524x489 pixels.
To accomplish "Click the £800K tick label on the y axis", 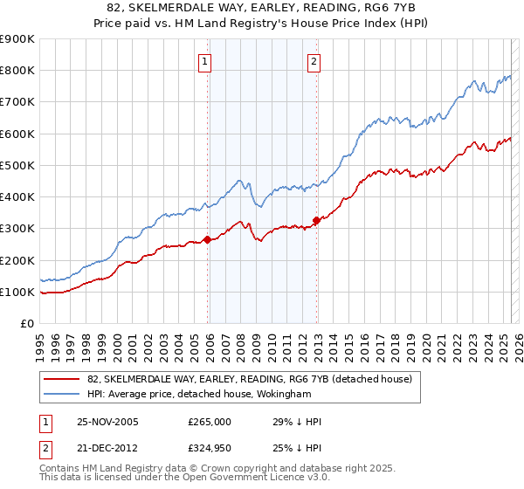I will [x=17, y=71].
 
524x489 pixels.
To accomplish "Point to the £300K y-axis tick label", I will [x=17, y=229].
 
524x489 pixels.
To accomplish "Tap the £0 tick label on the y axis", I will [x=26, y=324].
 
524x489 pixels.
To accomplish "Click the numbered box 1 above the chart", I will [x=204, y=61].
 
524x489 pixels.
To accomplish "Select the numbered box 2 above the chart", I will [x=313, y=61].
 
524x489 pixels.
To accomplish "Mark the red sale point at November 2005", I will [x=208, y=238].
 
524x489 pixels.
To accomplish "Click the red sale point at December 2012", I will [x=316, y=220].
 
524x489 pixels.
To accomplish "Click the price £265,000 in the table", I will [x=210, y=422].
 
